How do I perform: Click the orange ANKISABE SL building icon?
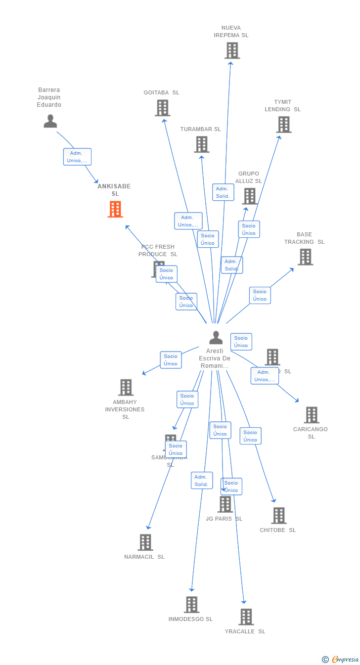click(x=115, y=209)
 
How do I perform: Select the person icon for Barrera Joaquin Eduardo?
click(x=50, y=121)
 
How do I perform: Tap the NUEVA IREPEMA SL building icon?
click(x=232, y=50)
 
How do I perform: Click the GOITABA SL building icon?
click(x=162, y=108)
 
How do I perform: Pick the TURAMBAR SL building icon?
click(x=201, y=144)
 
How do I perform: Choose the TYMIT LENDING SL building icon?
click(x=284, y=125)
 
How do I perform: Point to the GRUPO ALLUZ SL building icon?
click(x=249, y=196)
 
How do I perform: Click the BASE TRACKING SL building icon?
click(x=305, y=257)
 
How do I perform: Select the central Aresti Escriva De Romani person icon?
click(x=216, y=338)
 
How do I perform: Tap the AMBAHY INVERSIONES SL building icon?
click(x=126, y=387)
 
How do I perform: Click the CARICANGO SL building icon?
click(x=311, y=415)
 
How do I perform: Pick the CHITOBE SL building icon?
click(x=278, y=516)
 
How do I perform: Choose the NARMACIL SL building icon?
click(x=145, y=542)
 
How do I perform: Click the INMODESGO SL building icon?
click(x=191, y=604)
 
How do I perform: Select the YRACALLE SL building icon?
click(x=246, y=617)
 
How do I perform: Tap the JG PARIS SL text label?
click(x=224, y=519)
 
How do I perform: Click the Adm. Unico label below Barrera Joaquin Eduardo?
click(x=77, y=157)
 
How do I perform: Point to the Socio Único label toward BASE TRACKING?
click(x=260, y=295)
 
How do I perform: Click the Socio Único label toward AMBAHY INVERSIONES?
click(x=171, y=360)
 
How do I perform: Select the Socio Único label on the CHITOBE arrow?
click(x=250, y=436)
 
